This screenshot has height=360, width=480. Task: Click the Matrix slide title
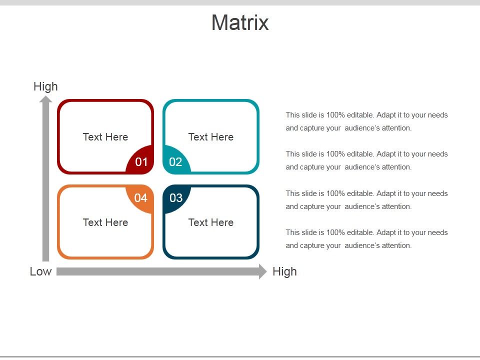pyautogui.click(x=240, y=23)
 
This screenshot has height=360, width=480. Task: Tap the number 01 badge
pyautogui.click(x=141, y=161)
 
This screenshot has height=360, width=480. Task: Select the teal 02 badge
pyautogui.click(x=175, y=161)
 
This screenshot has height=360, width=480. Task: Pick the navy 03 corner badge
pyautogui.click(x=176, y=198)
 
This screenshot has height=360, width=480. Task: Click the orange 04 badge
pyautogui.click(x=141, y=198)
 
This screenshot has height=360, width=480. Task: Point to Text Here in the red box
pyautogui.click(x=105, y=137)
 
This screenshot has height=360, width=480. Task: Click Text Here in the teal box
pyautogui.click(x=211, y=137)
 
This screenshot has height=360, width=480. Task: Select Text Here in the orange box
pyautogui.click(x=105, y=222)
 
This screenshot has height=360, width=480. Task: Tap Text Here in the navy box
pyautogui.click(x=211, y=222)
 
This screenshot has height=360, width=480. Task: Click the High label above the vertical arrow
pyautogui.click(x=45, y=86)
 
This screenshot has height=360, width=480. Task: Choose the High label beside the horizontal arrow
pyautogui.click(x=284, y=271)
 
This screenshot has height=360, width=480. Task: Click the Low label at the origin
pyautogui.click(x=40, y=271)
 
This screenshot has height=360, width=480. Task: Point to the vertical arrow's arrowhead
pyautogui.click(x=46, y=99)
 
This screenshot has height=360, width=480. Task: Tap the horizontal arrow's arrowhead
pyautogui.click(x=262, y=271)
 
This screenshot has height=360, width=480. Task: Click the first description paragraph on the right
pyautogui.click(x=366, y=121)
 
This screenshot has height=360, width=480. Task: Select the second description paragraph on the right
pyautogui.click(x=366, y=160)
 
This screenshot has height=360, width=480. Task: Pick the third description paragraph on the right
pyautogui.click(x=366, y=200)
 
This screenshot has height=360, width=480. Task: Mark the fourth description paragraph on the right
pyautogui.click(x=366, y=239)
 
